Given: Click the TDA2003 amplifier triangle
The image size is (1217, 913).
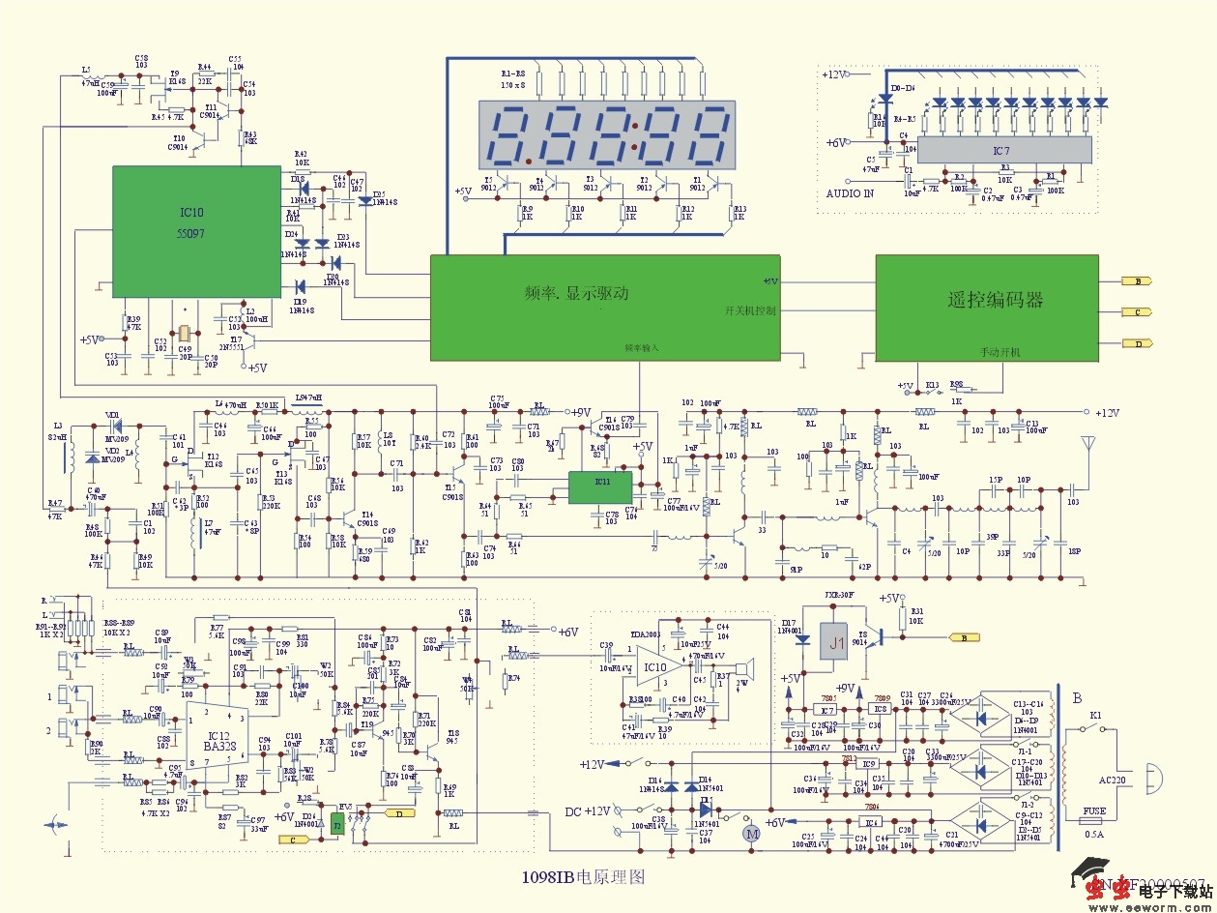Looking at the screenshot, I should [659, 667].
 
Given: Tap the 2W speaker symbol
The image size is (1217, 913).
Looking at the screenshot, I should [742, 669].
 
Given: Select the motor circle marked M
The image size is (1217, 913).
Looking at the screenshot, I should [744, 832].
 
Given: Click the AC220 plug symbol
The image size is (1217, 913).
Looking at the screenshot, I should [1152, 775].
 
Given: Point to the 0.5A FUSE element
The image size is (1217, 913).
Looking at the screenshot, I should [1094, 822].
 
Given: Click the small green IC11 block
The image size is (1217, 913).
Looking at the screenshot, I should [599, 487].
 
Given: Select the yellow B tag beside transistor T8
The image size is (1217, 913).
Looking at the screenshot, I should [963, 638].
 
